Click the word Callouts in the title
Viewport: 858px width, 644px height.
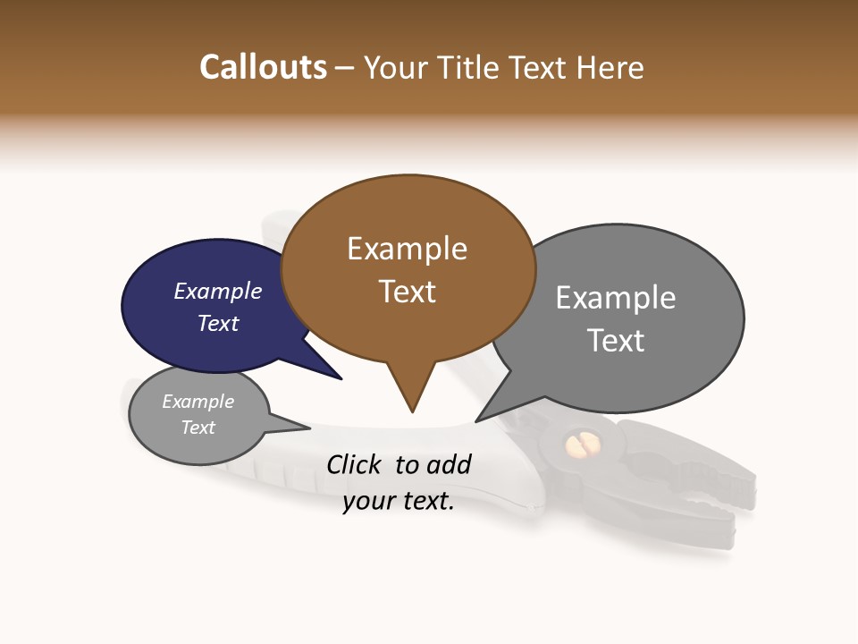point(263,67)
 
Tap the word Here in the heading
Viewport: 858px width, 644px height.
point(610,68)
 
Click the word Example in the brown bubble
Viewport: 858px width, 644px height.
point(407,249)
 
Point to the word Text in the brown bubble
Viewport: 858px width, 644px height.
point(407,292)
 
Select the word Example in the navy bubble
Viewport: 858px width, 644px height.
point(217,291)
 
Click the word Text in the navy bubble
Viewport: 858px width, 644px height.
point(217,323)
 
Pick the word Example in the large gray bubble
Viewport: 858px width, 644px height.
point(615,298)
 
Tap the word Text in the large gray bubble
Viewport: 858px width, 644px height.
point(615,341)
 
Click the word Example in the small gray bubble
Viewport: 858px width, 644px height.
point(198,402)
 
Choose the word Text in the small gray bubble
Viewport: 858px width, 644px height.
point(198,428)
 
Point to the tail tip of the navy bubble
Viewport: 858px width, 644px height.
point(341,378)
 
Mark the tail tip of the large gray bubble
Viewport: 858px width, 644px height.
point(477,420)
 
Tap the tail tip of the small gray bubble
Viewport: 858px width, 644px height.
point(308,428)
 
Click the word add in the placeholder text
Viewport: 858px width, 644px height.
point(449,464)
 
